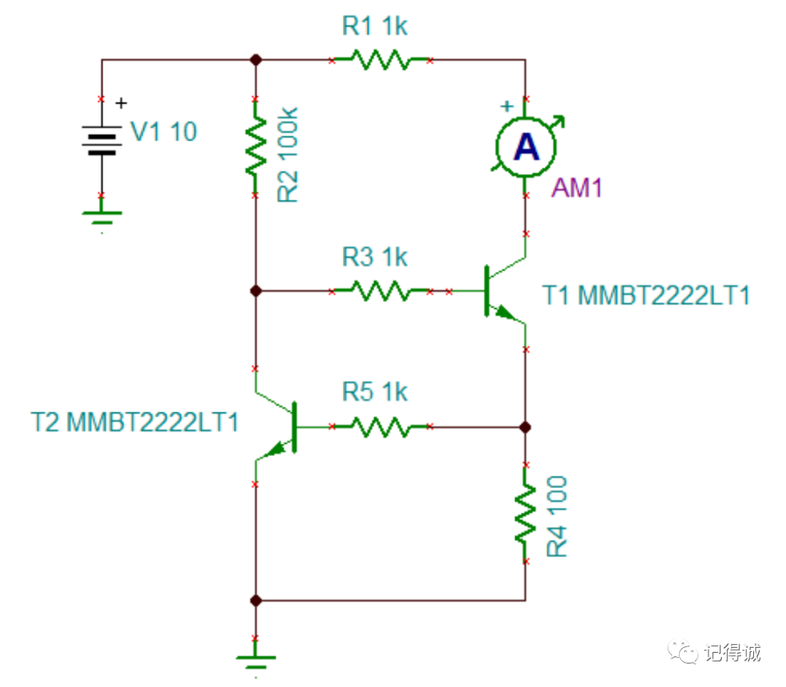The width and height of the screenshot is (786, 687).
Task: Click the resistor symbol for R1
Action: [380, 60]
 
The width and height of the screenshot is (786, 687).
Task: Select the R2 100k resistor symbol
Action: [255, 147]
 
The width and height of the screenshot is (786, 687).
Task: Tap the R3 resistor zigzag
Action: [380, 291]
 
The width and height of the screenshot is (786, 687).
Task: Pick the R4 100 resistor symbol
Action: [525, 514]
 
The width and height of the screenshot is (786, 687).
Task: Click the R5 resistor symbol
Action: [380, 427]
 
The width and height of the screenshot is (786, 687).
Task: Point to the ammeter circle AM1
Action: [525, 148]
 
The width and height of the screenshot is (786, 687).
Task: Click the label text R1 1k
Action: [375, 27]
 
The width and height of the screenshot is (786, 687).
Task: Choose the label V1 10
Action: [163, 132]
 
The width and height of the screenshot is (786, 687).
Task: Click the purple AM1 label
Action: [577, 188]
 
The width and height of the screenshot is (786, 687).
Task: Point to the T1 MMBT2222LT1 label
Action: [646, 296]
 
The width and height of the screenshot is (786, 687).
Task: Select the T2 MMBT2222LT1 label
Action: [134, 423]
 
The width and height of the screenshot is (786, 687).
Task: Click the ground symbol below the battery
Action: [101, 216]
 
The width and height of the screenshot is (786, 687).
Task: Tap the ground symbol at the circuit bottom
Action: [255, 662]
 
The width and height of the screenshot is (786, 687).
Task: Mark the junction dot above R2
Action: [255, 60]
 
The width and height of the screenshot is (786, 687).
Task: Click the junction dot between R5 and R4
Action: [525, 427]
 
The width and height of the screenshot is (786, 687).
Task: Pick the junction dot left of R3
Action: [255, 291]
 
